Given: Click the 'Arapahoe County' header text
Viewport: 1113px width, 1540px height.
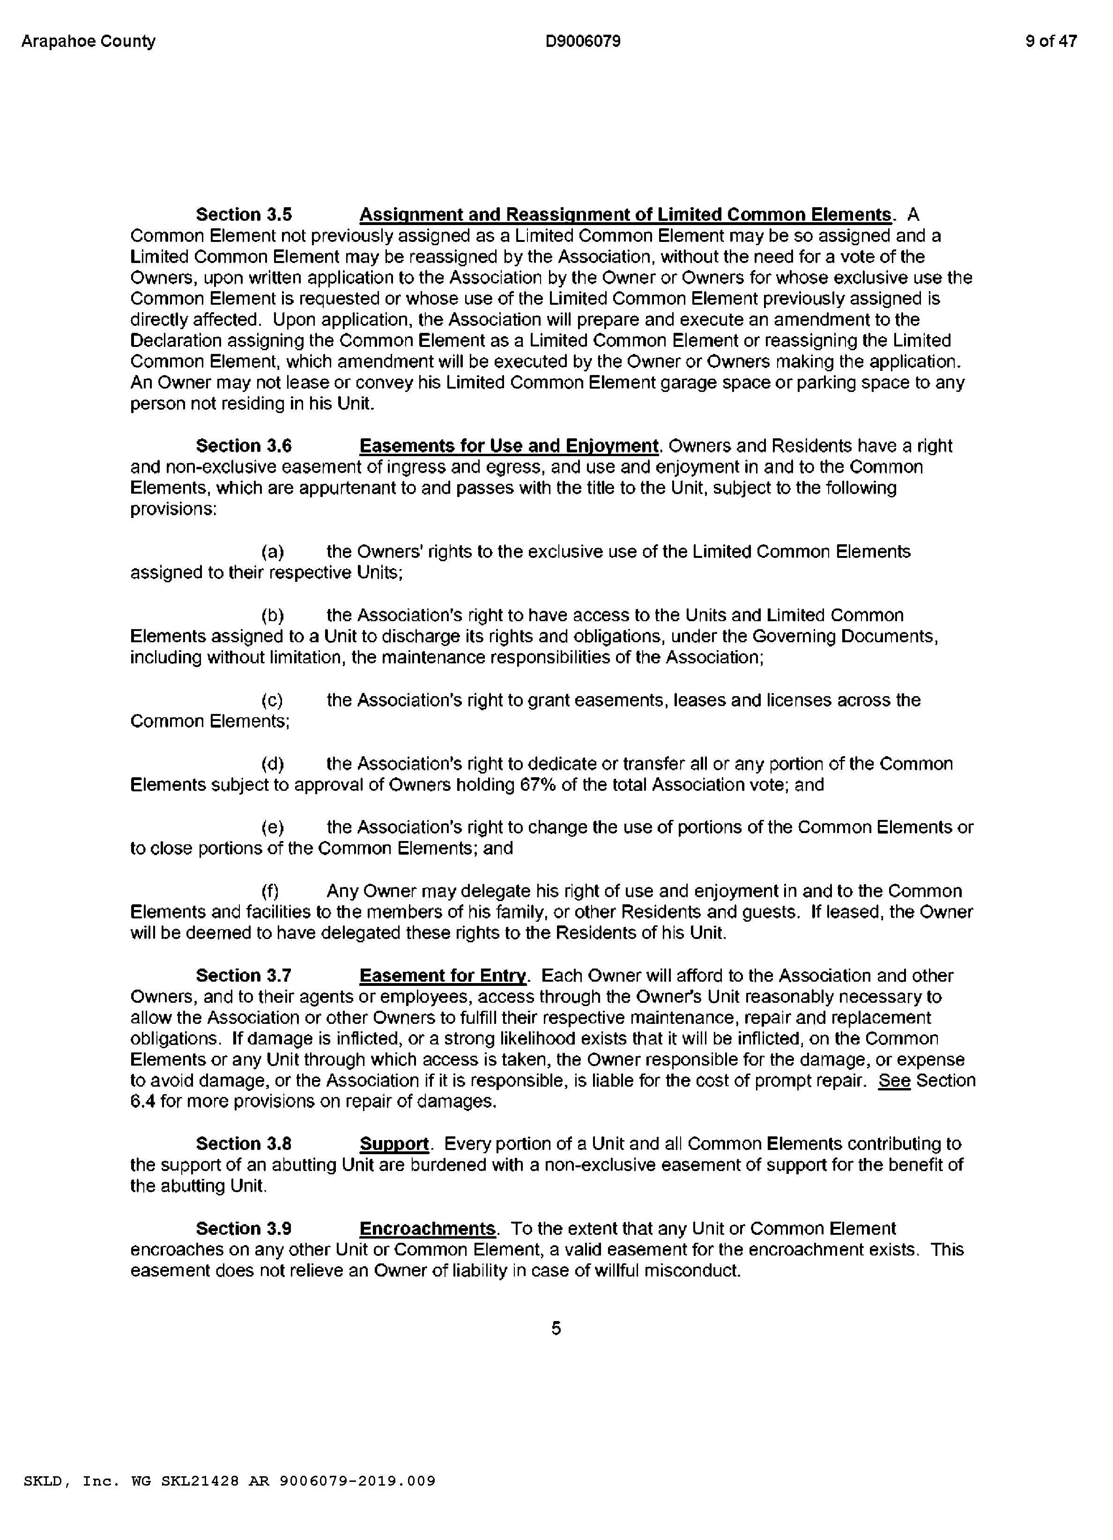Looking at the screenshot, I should click(88, 41).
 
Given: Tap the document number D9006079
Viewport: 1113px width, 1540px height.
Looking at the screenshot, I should click(582, 41).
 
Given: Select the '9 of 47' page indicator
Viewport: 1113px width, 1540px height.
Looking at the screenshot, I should click(1051, 41).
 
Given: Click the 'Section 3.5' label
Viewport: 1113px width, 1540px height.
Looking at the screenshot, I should click(244, 215).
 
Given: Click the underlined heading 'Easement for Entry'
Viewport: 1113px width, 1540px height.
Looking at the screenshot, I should click(443, 976).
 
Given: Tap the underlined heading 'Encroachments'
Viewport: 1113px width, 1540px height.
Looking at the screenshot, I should click(428, 1229).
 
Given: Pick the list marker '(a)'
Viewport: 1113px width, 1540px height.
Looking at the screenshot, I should click(273, 552).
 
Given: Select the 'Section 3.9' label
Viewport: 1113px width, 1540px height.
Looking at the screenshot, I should click(244, 1229).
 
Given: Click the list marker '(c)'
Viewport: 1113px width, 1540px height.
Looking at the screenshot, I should click(272, 700).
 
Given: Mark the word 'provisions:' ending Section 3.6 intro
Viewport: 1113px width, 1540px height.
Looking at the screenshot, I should click(173, 509).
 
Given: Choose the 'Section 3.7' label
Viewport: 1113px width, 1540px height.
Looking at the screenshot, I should click(244, 976).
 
